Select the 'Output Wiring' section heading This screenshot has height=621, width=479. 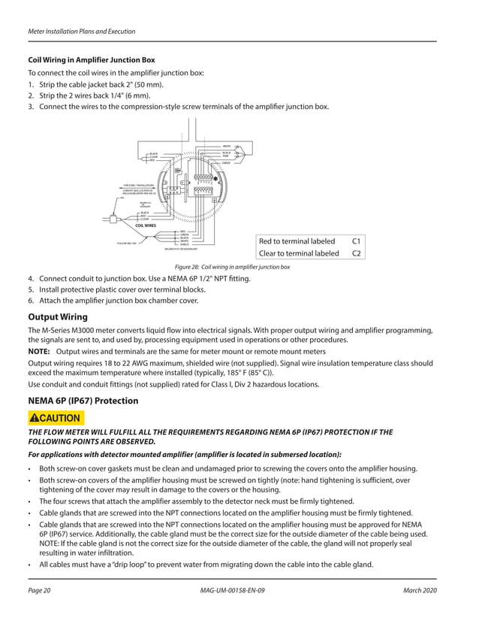pos(57,317)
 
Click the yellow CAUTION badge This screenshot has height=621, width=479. pos(56,417)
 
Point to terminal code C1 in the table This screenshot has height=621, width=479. pos(357,241)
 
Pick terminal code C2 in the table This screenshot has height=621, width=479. pos(357,253)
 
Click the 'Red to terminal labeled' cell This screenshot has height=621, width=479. pos(297,241)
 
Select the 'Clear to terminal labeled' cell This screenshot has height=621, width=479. pos(299,253)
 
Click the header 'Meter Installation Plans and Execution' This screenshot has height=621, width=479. pos(82,32)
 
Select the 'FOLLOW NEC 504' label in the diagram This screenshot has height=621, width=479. pos(128,244)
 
